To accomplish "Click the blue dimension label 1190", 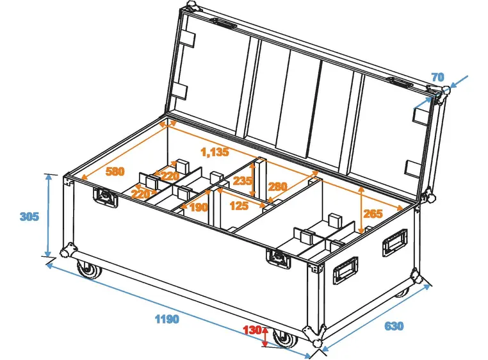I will (x=166, y=319).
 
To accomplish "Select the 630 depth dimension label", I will (x=394, y=327).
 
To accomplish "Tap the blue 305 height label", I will (x=29, y=217).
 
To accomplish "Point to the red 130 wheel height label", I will (x=252, y=331).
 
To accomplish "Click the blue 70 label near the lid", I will (x=437, y=78).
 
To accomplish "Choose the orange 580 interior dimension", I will (x=115, y=172).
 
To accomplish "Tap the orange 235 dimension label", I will (x=242, y=181).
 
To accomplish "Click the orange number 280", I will (x=277, y=187).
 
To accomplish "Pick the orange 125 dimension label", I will (x=239, y=206).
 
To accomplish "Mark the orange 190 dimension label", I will (x=199, y=207).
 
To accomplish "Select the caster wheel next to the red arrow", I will (x=282, y=338).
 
